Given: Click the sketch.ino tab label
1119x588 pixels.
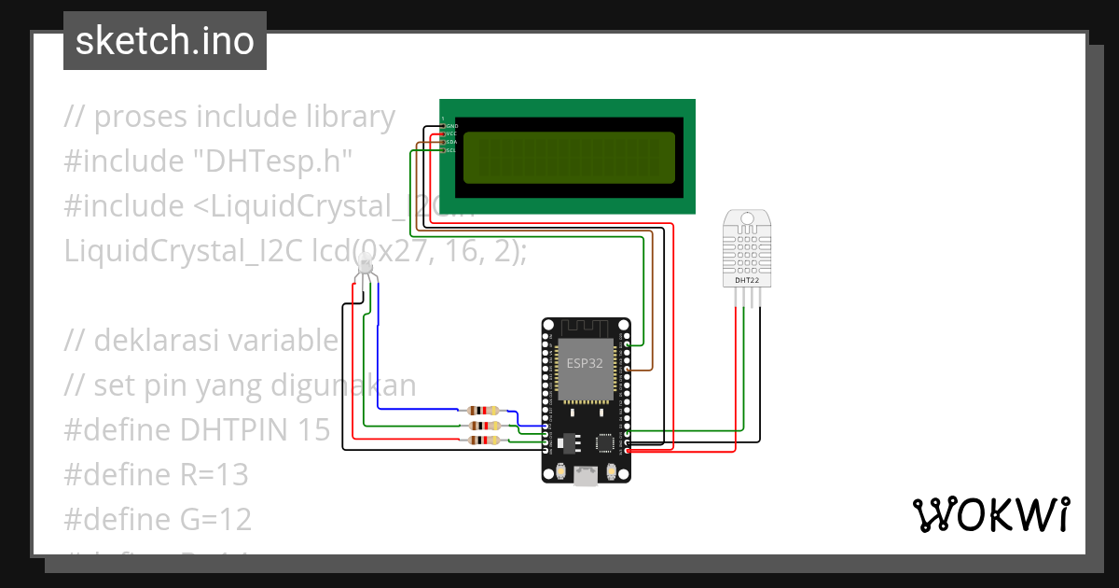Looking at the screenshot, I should click(x=165, y=41).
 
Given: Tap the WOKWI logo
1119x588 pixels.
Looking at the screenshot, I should click(x=990, y=514).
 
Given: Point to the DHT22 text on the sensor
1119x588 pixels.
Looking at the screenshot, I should click(x=747, y=279).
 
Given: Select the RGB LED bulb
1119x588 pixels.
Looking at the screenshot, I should click(x=366, y=270).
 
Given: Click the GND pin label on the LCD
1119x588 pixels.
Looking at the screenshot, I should click(x=451, y=125).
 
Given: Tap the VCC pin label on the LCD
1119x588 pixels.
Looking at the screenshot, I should click(x=451, y=133).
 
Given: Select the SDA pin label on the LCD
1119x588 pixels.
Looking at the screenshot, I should click(x=451, y=142).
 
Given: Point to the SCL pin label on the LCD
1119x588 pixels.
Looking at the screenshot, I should click(x=451, y=150).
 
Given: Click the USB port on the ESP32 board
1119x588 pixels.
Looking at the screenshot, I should click(x=586, y=477).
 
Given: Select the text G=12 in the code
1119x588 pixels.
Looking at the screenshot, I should click(x=214, y=519).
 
